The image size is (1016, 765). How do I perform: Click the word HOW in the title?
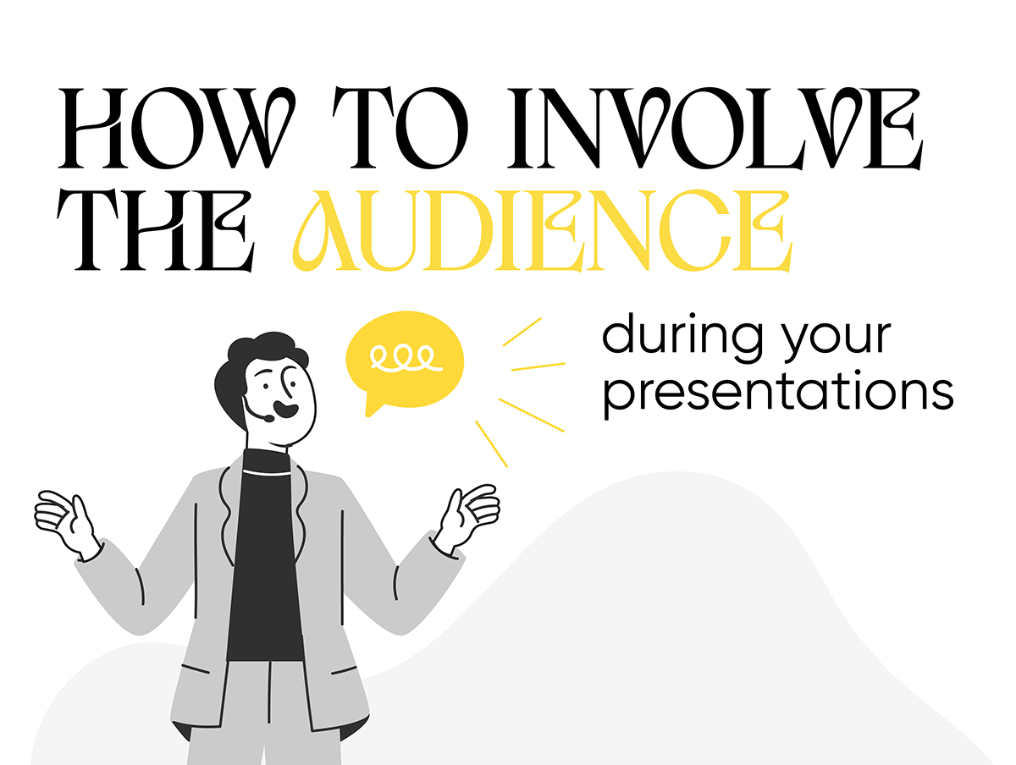[176, 128]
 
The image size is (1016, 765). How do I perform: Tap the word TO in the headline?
[400, 128]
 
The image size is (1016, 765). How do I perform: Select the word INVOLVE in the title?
[715, 128]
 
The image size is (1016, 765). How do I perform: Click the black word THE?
[155, 230]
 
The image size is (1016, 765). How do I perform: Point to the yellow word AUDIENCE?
[542, 230]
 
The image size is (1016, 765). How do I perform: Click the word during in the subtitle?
[682, 334]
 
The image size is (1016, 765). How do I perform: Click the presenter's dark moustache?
[285, 410]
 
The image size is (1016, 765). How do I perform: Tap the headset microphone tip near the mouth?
[268, 419]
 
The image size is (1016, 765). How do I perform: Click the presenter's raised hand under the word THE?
[66, 524]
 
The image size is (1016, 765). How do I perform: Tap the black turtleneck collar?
[267, 461]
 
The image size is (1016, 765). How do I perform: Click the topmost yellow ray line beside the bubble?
[522, 332]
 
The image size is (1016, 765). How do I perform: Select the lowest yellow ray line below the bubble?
[491, 443]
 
